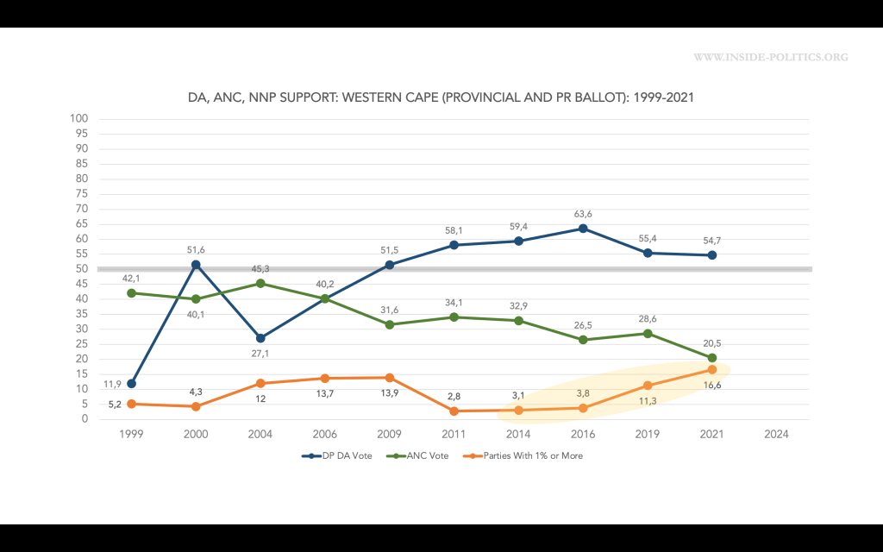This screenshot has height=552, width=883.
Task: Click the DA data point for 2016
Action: click(x=583, y=229)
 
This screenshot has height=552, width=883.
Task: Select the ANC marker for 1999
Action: click(x=131, y=292)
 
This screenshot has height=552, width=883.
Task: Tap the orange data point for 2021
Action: click(x=712, y=369)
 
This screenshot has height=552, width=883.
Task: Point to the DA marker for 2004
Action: click(x=260, y=338)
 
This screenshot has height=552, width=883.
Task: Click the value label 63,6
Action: click(x=583, y=212)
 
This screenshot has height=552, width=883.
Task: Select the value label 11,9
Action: click(x=113, y=383)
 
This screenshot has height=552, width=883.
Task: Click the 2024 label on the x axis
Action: click(x=776, y=434)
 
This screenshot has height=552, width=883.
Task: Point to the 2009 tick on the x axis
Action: click(x=390, y=434)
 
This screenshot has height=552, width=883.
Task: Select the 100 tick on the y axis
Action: click(x=80, y=118)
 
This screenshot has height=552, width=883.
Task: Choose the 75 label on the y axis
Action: click(x=83, y=194)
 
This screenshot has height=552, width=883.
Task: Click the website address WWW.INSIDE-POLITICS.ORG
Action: click(x=771, y=58)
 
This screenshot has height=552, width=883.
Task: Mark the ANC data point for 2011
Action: click(x=454, y=317)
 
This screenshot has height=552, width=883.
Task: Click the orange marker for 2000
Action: click(x=196, y=406)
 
